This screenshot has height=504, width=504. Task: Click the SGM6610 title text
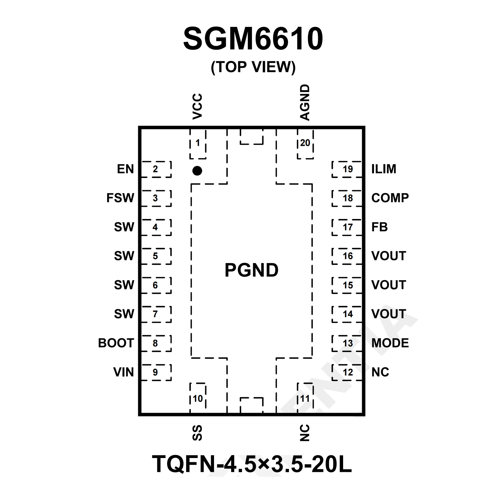pos(253,39)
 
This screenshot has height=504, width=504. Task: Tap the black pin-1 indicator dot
pos(197,171)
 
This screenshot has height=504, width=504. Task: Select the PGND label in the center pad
pos(252,270)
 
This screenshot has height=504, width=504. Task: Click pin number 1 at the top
pos(198,143)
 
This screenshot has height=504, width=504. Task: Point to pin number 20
pos(305,143)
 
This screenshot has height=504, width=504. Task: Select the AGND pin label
pos(305,102)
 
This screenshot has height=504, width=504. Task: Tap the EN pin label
pos(125,169)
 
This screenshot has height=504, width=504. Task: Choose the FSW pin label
pos(120,198)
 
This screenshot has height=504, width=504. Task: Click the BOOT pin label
pos(116,343)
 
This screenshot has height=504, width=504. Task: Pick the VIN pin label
pos(123,372)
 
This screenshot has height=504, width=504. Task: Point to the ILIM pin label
pos(383,169)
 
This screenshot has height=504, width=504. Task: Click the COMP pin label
pos(390,198)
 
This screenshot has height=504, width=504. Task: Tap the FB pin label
pos(379,227)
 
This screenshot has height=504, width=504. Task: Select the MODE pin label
pos(390,343)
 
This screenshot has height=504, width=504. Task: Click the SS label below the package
pos(197,432)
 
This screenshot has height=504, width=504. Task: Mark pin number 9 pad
pos(156,372)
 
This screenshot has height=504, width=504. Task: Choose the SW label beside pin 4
pos(124,227)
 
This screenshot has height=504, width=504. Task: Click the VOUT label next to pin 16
pos(388,256)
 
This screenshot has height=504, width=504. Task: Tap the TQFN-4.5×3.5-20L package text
pos(252,464)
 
